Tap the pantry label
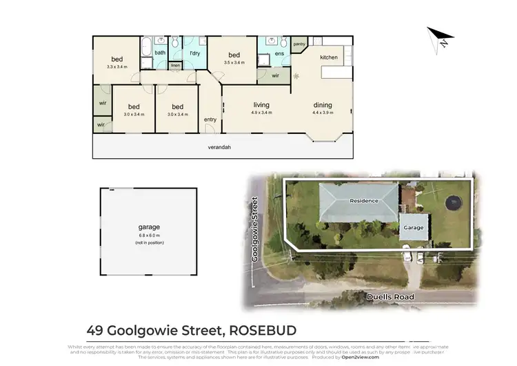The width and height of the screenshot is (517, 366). [x=298, y=44]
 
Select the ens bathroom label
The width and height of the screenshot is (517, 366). [x=279, y=53]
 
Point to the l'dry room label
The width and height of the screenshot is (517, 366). [x=194, y=53]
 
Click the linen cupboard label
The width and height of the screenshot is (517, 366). [x=175, y=66]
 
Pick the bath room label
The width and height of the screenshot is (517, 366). [x=159, y=52]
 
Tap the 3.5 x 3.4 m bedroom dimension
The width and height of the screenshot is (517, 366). [x=234, y=63]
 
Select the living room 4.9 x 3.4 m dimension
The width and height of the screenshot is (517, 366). [x=261, y=113]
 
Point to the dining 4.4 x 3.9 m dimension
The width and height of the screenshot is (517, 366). [x=323, y=113]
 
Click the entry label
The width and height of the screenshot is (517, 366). [x=210, y=119]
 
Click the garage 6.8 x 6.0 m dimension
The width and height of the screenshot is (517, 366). [x=149, y=235]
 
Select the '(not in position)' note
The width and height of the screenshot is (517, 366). [x=149, y=243]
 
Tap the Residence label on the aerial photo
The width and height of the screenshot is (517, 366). [x=363, y=201]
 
